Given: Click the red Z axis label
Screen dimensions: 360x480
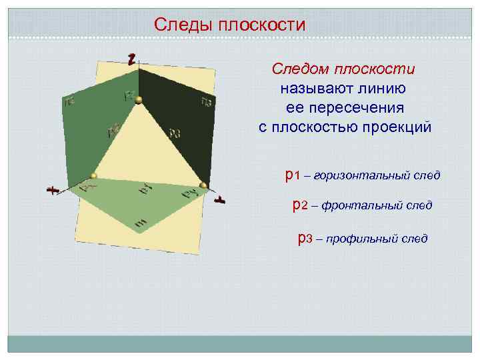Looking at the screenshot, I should (133, 58).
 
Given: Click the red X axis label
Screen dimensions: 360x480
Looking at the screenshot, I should (51, 191).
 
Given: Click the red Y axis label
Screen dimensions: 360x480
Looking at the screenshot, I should (218, 199).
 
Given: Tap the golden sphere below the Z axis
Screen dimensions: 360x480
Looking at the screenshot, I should (139, 100).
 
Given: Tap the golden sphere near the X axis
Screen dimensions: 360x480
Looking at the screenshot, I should (94, 176).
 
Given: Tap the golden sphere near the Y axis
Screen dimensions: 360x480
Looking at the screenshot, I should (203, 185).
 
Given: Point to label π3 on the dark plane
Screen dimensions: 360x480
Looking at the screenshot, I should (206, 101).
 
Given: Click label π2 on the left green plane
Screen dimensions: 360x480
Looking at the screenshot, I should (69, 102).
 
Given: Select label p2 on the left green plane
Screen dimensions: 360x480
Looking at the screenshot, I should (113, 130).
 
